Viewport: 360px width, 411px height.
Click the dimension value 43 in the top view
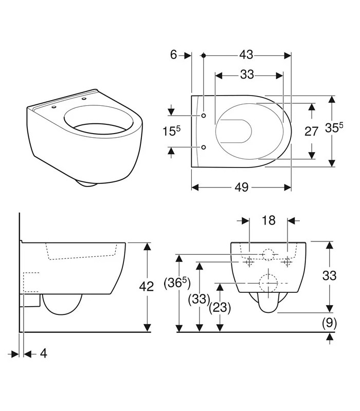pos(246,55)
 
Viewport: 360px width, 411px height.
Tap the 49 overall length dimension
pos(242,187)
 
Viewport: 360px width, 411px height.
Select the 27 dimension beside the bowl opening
pos(311,132)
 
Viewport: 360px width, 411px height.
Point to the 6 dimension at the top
pos(174,55)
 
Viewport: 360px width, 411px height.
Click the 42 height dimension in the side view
pos(146,287)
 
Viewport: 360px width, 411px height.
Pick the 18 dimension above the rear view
pos(268,220)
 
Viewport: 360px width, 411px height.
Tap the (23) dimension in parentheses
pos(220,307)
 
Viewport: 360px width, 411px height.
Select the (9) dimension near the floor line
pos(329,323)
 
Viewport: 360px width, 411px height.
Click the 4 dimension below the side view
pos(44,353)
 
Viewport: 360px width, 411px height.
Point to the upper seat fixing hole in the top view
pos(204,116)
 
